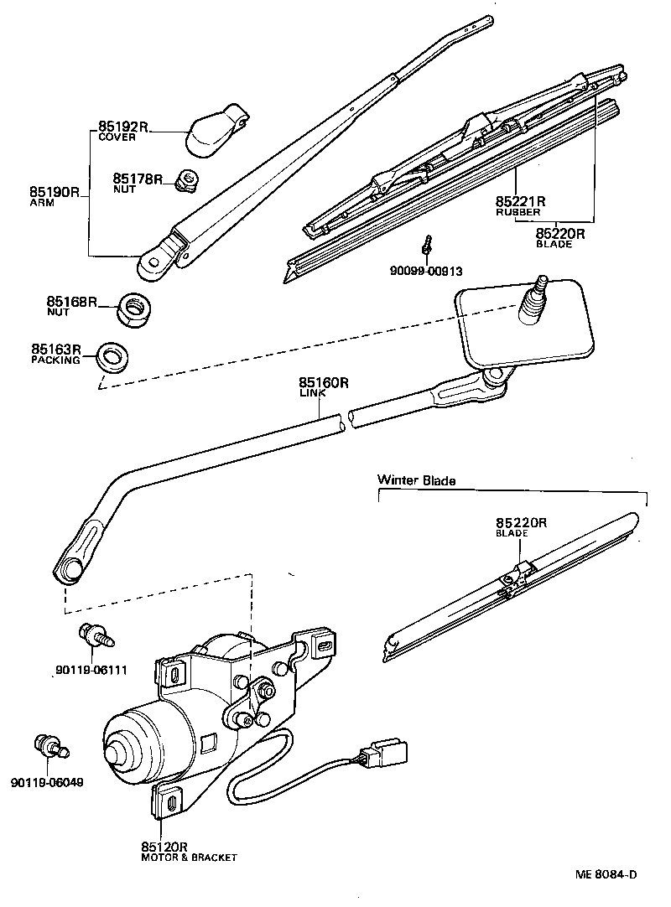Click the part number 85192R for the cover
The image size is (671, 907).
(x=122, y=127)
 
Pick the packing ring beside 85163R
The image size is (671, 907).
(x=112, y=356)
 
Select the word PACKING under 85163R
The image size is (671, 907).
(x=55, y=360)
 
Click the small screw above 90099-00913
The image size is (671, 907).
(x=428, y=246)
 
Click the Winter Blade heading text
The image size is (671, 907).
(x=416, y=480)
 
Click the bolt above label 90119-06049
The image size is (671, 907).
(x=50, y=745)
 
